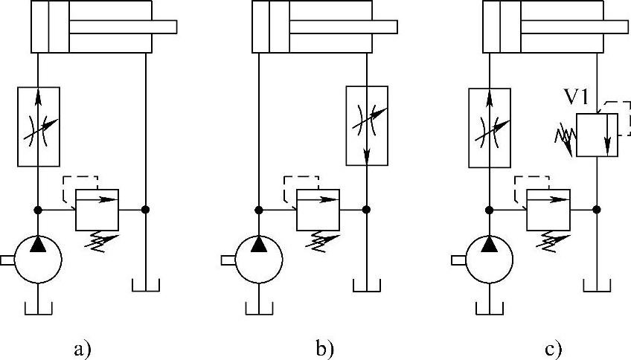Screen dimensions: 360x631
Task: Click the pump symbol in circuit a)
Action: (37, 260)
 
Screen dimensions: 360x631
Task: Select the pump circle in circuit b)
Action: (257, 260)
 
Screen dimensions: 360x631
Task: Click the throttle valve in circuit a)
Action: (37, 126)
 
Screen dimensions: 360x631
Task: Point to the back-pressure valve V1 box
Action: (598, 135)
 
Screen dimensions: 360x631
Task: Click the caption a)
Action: (82, 347)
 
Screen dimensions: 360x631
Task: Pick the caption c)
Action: (552, 347)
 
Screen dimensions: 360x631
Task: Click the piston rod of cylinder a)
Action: (124, 26)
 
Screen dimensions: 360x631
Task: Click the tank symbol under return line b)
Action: (368, 286)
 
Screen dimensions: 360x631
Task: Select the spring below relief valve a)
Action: (100, 239)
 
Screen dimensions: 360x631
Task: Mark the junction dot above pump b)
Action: (257, 210)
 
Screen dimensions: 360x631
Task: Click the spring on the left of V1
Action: (563, 137)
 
